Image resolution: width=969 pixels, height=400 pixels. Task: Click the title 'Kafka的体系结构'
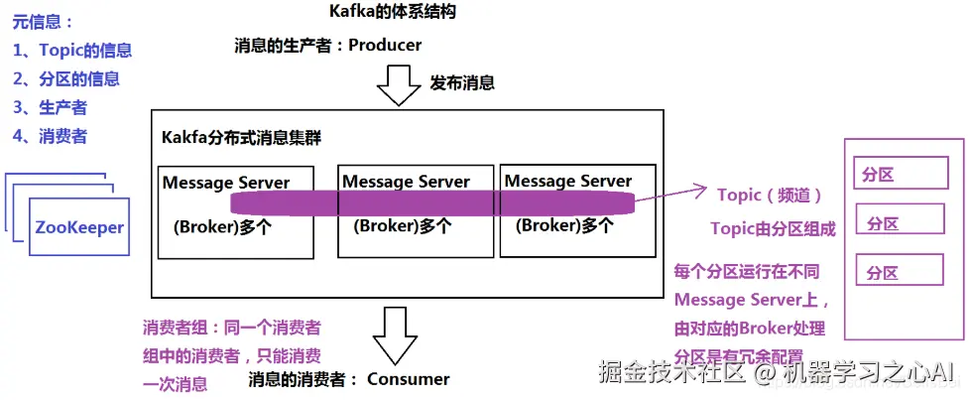point(392,12)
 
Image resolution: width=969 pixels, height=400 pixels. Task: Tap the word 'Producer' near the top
point(385,45)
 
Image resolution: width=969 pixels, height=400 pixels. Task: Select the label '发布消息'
point(462,82)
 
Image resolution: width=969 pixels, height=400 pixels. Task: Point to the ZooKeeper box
point(79,227)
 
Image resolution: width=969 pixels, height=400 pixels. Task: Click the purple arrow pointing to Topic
point(669,196)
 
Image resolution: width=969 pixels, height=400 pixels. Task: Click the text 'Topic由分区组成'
point(773,228)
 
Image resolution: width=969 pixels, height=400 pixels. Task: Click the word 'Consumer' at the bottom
point(408,378)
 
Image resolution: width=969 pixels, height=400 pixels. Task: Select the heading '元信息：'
point(44,22)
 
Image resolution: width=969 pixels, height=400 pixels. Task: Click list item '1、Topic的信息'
point(72,51)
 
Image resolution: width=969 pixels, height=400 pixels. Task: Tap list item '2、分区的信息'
point(66,79)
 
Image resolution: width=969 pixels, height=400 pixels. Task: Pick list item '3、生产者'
point(50,107)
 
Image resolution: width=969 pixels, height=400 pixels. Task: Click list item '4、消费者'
point(50,136)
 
